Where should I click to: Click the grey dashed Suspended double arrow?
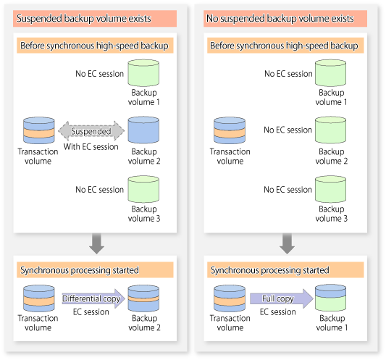(91, 131)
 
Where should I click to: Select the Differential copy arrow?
(93, 298)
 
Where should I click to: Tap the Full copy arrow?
(282, 298)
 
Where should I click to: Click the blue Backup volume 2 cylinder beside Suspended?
(143, 130)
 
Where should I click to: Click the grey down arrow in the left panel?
(96, 243)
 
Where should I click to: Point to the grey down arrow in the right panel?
(287, 243)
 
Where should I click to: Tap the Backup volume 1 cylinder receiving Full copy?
(331, 298)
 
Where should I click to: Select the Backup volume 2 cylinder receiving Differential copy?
(143, 298)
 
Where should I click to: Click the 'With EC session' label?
(91, 147)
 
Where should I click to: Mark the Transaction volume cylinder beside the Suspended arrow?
(39, 130)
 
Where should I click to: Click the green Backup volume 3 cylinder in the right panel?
(331, 189)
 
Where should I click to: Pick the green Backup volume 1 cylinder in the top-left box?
(143, 73)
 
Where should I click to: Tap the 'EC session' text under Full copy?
(278, 312)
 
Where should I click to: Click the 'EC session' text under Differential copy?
(91, 312)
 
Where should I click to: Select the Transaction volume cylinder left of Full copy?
(230, 298)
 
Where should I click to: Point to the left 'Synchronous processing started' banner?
(95, 270)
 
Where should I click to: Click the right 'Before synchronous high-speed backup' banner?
(285, 46)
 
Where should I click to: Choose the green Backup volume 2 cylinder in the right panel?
(331, 130)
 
